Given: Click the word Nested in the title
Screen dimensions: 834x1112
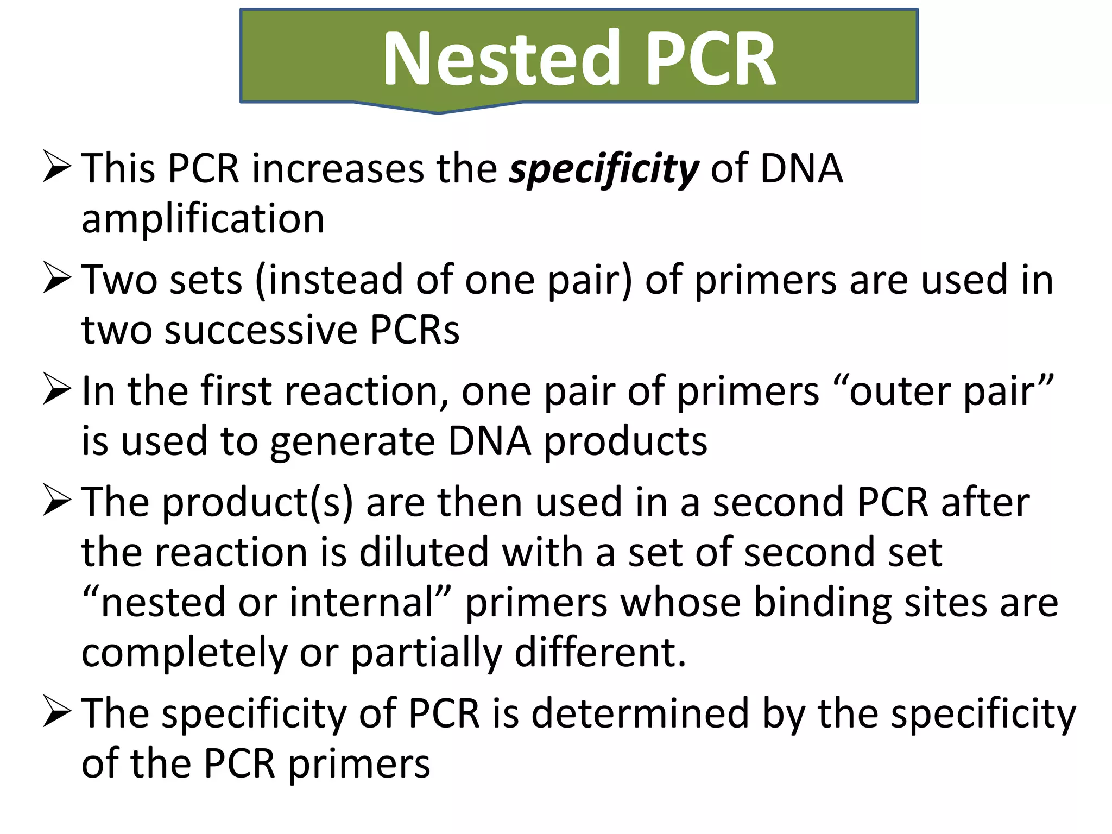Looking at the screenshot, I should [x=501, y=59].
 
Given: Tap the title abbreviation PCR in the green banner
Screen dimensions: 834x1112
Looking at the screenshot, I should [x=711, y=59].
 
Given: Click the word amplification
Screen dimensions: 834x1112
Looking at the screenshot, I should [x=203, y=219].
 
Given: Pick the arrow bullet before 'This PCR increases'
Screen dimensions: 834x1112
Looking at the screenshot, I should [x=56, y=167].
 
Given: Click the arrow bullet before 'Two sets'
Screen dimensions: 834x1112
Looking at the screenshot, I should [x=56, y=278].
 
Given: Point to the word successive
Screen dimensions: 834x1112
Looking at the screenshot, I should [x=260, y=330].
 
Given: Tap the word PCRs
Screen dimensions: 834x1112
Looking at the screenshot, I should [x=415, y=330].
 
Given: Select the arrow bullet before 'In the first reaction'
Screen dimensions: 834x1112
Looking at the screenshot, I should [x=56, y=389].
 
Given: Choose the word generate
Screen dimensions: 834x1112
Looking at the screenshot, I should [x=352, y=441].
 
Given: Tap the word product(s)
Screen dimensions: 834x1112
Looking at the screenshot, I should [x=257, y=503].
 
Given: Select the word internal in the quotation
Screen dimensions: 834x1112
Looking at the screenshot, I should [x=363, y=603].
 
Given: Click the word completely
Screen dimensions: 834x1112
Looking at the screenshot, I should [x=184, y=653].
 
